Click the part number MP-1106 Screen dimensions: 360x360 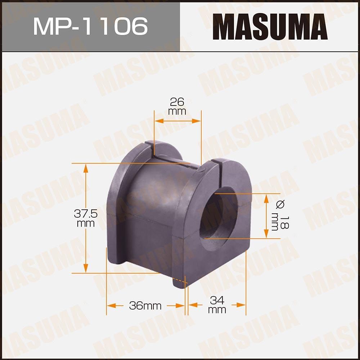[x=90, y=26]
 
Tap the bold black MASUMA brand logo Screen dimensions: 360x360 [x=270, y=27]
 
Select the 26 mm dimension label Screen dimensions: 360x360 [x=177, y=106]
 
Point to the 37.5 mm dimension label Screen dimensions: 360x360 [x=86, y=218]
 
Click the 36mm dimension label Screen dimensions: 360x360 [x=145, y=306]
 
